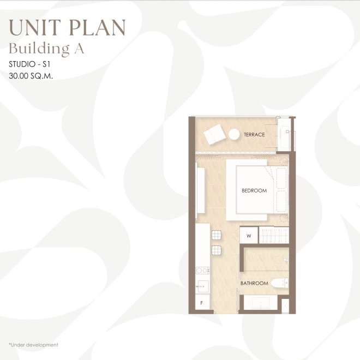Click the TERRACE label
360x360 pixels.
[x=254, y=135]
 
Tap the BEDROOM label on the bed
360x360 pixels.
[x=254, y=190]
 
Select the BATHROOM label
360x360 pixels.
[x=254, y=283]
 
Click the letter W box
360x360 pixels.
[x=249, y=235]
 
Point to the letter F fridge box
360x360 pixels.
[x=202, y=303]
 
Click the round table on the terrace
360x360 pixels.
[x=234, y=134]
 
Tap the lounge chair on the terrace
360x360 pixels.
[x=214, y=135]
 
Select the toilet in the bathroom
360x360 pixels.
[x=280, y=283]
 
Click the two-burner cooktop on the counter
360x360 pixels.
[x=202, y=271]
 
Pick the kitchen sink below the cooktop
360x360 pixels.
[x=203, y=286]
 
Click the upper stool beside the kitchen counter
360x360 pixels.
[x=217, y=235]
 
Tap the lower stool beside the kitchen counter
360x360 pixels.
[x=217, y=250]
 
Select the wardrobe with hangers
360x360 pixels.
[x=274, y=235]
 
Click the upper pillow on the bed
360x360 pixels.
[x=281, y=178]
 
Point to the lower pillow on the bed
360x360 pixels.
[x=281, y=201]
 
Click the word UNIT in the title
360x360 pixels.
[x=35, y=28]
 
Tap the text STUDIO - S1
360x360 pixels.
[x=29, y=64]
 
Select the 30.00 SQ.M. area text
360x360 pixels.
[x=31, y=75]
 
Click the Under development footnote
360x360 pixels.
[x=33, y=345]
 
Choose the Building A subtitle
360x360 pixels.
[x=46, y=49]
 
